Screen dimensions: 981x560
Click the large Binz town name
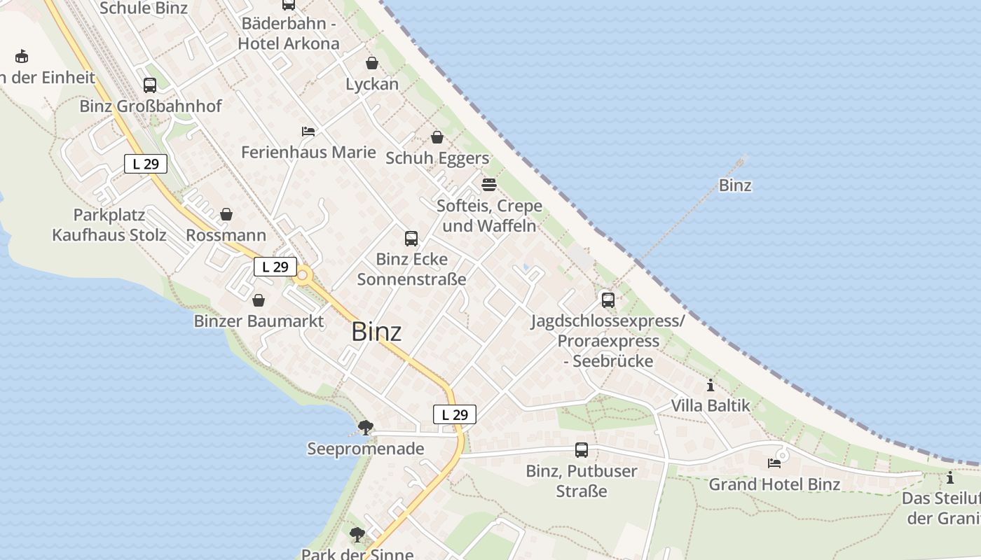point(376,331)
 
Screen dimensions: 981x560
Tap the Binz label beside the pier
point(735,185)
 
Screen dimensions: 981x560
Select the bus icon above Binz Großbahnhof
point(149,85)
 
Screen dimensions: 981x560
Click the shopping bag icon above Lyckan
point(372,64)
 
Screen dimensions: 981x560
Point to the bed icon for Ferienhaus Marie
point(308,132)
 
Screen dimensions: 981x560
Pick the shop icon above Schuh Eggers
point(437,137)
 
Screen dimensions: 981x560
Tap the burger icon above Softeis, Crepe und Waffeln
point(489,185)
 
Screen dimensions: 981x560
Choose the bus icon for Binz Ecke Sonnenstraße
point(411,239)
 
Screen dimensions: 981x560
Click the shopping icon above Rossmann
point(226,214)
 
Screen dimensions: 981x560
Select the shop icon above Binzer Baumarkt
point(259,300)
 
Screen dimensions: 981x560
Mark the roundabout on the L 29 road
point(303,276)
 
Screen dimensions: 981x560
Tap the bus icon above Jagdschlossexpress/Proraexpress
point(608,300)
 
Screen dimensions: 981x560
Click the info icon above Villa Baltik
point(711,385)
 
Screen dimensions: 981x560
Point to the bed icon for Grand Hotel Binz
point(774,463)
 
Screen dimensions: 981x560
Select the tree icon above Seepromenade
point(365,427)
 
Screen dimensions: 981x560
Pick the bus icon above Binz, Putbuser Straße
point(582,450)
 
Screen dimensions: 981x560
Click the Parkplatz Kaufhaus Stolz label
point(109,225)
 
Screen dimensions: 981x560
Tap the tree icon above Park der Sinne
point(357,535)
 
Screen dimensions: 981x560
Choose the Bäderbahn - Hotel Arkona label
point(289,33)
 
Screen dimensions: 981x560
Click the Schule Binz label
point(144,8)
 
